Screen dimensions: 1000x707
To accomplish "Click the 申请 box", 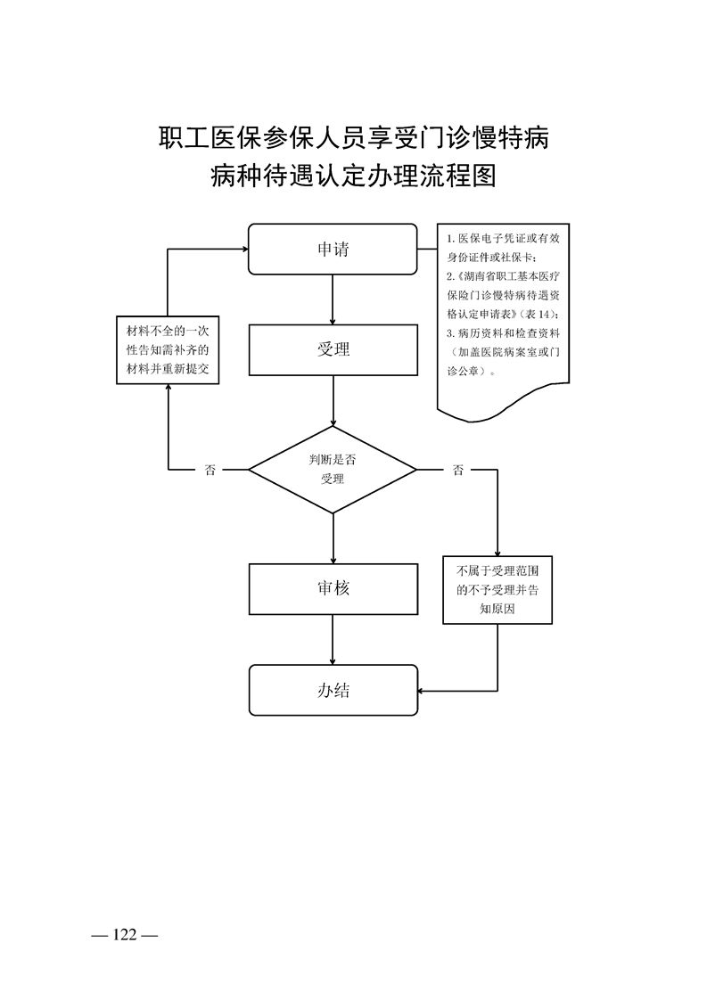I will click(333, 250).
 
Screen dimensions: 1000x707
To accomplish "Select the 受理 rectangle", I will click(333, 349).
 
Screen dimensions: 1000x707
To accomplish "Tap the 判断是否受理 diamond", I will click(333, 470).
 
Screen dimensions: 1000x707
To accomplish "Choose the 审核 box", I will click(333, 588).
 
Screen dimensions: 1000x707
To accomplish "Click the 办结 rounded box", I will click(333, 690).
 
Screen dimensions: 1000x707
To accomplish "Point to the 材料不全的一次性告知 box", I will click(169, 349).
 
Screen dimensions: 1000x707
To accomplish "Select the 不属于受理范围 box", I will click(497, 589).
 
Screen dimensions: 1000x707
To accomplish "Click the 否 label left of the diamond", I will click(210, 471).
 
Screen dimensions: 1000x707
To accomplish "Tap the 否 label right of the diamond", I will click(457, 471).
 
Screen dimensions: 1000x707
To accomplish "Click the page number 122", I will click(124, 934).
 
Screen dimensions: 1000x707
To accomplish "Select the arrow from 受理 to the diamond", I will click(333, 401).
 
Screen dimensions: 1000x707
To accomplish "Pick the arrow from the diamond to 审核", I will click(333, 538).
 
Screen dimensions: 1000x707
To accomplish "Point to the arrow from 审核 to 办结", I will click(333, 639).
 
